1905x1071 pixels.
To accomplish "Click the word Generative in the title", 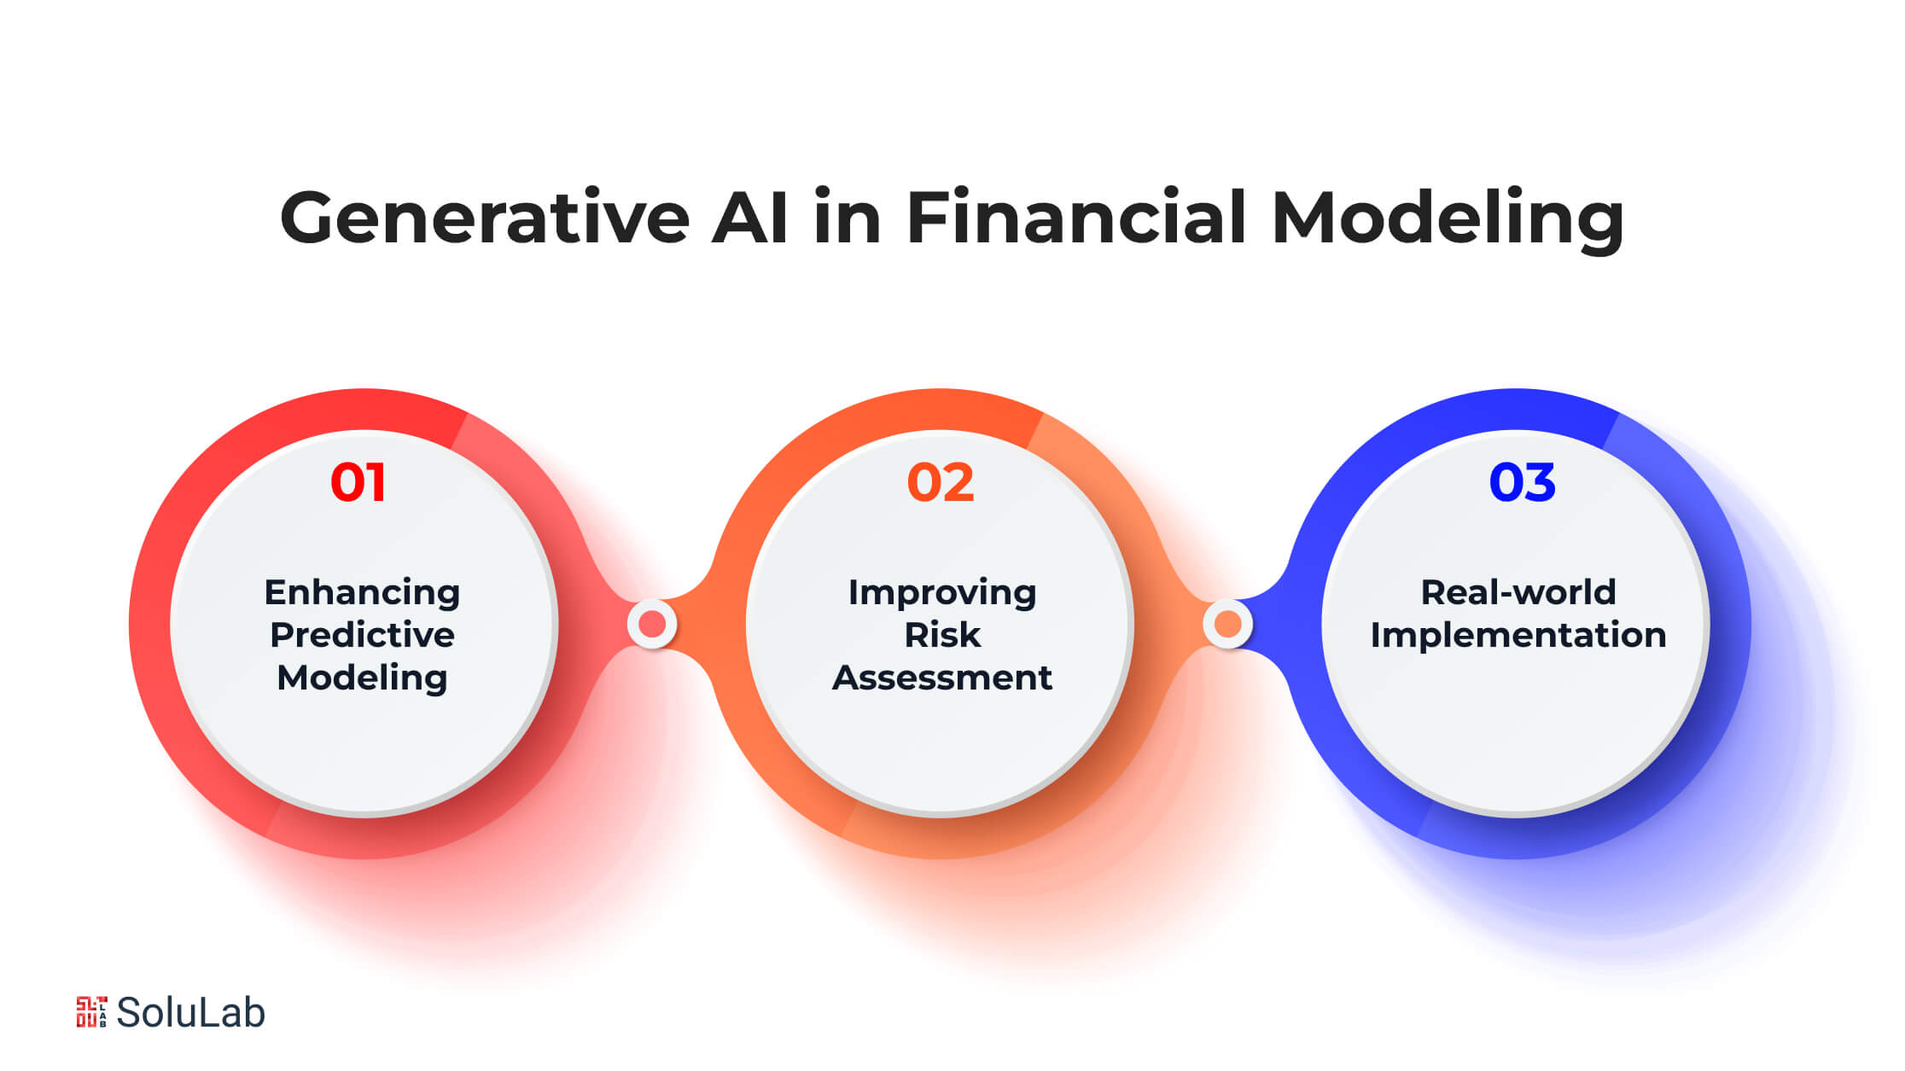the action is (485, 218).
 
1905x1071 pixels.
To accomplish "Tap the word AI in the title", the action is (750, 218).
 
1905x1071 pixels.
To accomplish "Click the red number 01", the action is (358, 482).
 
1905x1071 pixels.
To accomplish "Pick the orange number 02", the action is (941, 482).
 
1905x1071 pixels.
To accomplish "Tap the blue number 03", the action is (1522, 482).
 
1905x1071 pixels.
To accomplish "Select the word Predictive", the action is (362, 635).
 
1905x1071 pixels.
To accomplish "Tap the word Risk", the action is (942, 635).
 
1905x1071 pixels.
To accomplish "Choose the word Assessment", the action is (942, 678).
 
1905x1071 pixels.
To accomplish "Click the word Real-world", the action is (1518, 592).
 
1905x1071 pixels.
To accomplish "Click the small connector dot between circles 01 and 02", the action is (652, 625).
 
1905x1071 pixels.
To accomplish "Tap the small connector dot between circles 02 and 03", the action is (1228, 625).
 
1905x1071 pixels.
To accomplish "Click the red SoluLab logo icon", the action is (91, 1012).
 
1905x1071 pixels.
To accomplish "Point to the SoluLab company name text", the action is (190, 1013).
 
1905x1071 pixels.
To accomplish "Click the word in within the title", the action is (848, 218).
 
